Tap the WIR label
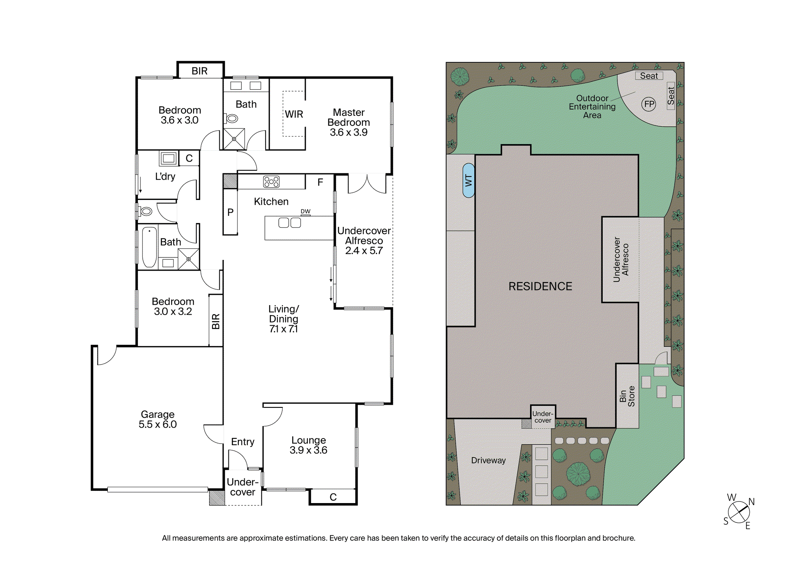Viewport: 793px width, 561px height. (x=294, y=114)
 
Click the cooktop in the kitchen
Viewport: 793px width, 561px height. (x=271, y=182)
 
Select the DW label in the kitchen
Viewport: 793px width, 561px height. (x=305, y=211)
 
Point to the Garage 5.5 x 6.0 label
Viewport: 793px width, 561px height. (x=158, y=419)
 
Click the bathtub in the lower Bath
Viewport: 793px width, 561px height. (x=149, y=247)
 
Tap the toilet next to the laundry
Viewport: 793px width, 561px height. (x=145, y=211)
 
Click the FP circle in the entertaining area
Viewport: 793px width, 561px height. (x=649, y=104)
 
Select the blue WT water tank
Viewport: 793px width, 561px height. (x=469, y=181)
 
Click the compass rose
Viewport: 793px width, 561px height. (x=739, y=512)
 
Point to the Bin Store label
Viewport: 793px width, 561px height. (x=627, y=396)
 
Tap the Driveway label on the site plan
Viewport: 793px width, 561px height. (x=488, y=460)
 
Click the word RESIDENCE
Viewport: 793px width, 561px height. (x=540, y=286)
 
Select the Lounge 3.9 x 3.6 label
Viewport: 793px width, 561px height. (x=308, y=445)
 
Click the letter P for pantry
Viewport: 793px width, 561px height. (x=230, y=212)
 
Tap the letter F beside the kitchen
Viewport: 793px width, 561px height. (x=320, y=182)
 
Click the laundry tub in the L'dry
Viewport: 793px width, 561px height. (x=169, y=158)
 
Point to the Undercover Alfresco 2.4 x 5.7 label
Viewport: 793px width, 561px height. (x=364, y=241)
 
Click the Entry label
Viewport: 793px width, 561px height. (x=243, y=442)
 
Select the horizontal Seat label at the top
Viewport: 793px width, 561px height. (x=649, y=76)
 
